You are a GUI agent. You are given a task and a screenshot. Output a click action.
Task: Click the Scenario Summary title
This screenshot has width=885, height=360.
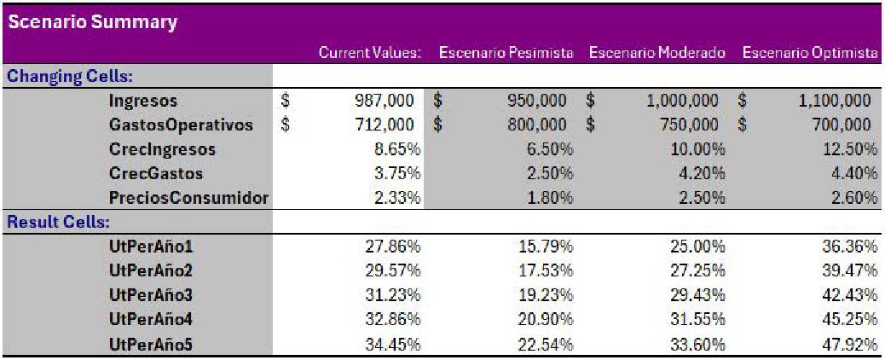coord(92,22)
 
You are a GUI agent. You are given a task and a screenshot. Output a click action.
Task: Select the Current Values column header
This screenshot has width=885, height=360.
coord(370,53)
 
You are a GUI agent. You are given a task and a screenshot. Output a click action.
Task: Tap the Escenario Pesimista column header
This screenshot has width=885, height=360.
coord(506,53)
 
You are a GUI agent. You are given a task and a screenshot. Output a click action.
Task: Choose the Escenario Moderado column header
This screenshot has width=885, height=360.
coord(657,53)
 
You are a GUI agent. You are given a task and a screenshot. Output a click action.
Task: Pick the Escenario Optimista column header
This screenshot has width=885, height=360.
coord(809,53)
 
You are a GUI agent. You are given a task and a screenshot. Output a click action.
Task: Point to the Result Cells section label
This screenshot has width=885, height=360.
coord(59,223)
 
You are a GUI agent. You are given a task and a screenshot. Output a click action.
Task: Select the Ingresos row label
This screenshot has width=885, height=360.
coord(143,101)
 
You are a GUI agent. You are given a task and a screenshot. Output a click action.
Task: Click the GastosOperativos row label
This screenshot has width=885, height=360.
coord(181,125)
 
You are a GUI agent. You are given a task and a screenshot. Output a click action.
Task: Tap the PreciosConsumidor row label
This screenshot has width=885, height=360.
coord(188,198)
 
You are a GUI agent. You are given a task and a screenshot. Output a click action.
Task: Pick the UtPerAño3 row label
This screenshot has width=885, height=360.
coord(152,295)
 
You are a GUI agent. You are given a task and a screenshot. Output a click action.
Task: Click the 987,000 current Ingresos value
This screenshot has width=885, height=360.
coord(385,101)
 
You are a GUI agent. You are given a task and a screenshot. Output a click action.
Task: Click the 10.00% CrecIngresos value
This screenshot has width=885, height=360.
coord(696,149)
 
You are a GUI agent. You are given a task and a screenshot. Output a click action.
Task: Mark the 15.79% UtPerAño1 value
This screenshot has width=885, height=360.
coord(545,247)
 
